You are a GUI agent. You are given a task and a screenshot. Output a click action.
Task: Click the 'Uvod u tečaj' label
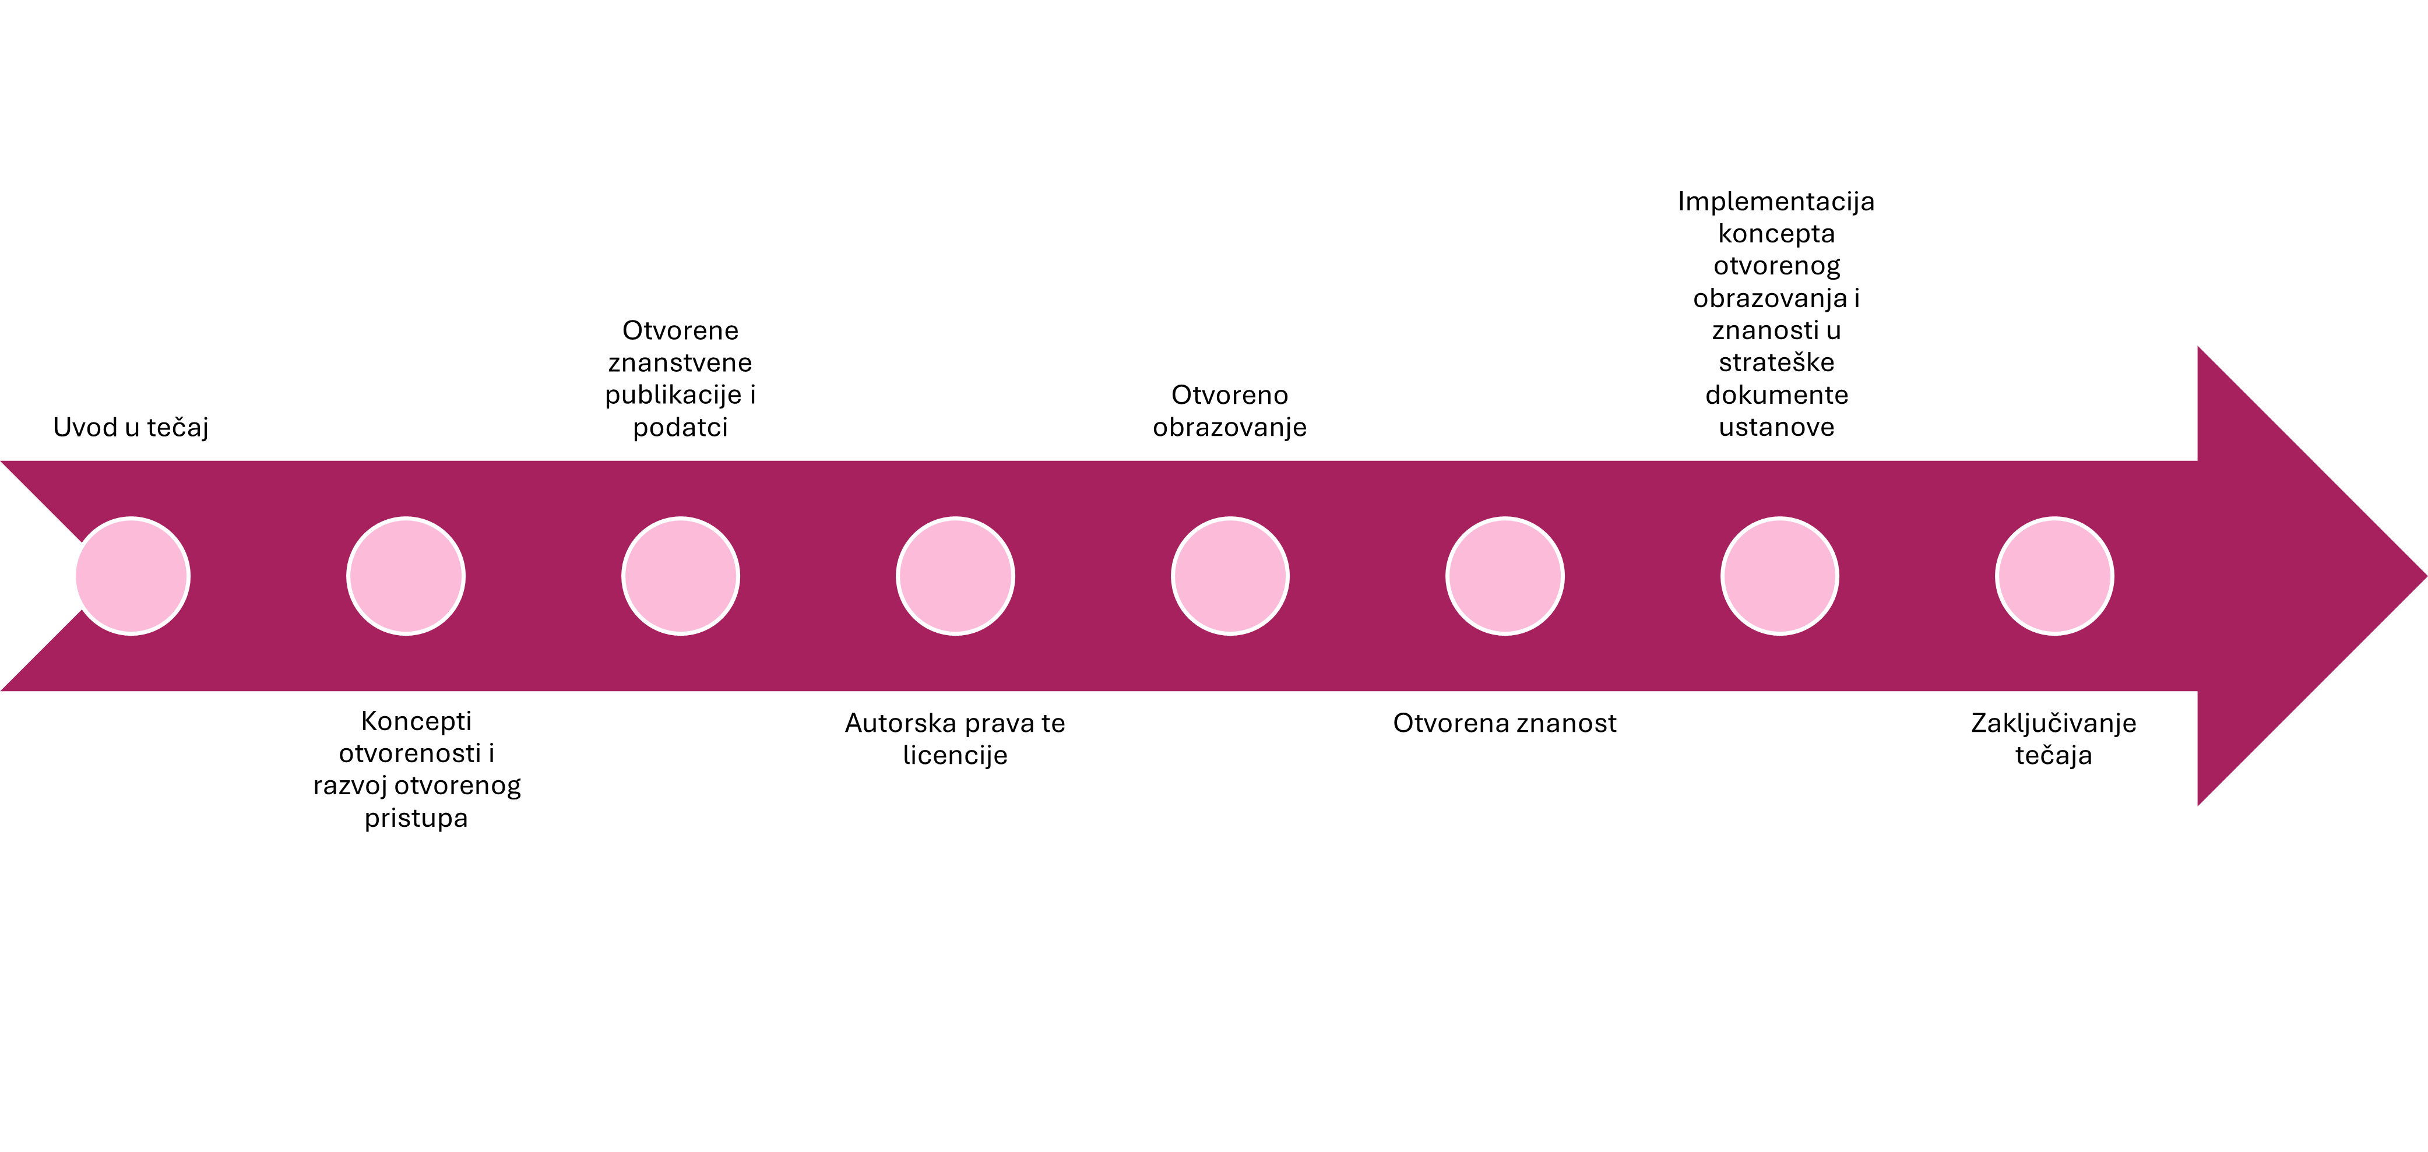tap(131, 428)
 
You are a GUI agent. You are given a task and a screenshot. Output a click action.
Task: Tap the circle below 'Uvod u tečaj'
tap(132, 576)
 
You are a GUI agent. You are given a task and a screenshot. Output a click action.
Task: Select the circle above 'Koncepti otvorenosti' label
tap(406, 576)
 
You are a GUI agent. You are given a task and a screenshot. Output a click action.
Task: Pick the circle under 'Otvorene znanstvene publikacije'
tap(681, 576)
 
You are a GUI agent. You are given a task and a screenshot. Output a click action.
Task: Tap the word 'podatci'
tap(681, 428)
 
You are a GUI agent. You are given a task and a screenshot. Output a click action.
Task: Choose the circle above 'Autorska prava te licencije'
tap(956, 576)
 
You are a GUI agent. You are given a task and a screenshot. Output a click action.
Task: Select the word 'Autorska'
tap(899, 723)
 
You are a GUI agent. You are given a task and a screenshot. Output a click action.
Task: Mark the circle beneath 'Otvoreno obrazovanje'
tap(1230, 576)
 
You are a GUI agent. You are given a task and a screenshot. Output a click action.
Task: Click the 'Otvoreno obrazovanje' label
tap(1230, 411)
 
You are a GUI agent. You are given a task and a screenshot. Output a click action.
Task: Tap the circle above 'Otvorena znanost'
tap(1505, 576)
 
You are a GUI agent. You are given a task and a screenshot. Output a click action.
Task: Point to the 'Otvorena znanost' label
tap(1505, 723)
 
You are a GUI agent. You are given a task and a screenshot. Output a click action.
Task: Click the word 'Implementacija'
tap(1776, 202)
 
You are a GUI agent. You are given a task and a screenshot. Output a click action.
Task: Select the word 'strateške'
tap(1776, 363)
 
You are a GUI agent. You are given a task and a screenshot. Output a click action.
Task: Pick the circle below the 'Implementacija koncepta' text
tap(1779, 576)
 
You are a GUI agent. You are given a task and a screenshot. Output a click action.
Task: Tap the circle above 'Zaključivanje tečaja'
tap(2055, 576)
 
